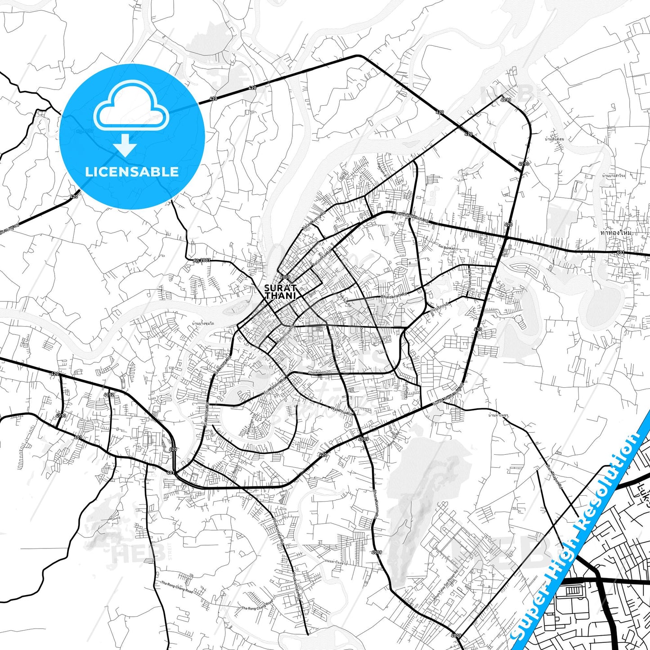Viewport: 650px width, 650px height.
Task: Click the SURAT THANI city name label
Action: [280, 291]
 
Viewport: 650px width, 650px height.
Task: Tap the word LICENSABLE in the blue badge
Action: [132, 171]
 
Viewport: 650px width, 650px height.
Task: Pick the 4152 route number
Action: [109, 394]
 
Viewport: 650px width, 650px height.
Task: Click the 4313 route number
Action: [61, 416]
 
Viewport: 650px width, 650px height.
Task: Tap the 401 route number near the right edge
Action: [621, 252]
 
